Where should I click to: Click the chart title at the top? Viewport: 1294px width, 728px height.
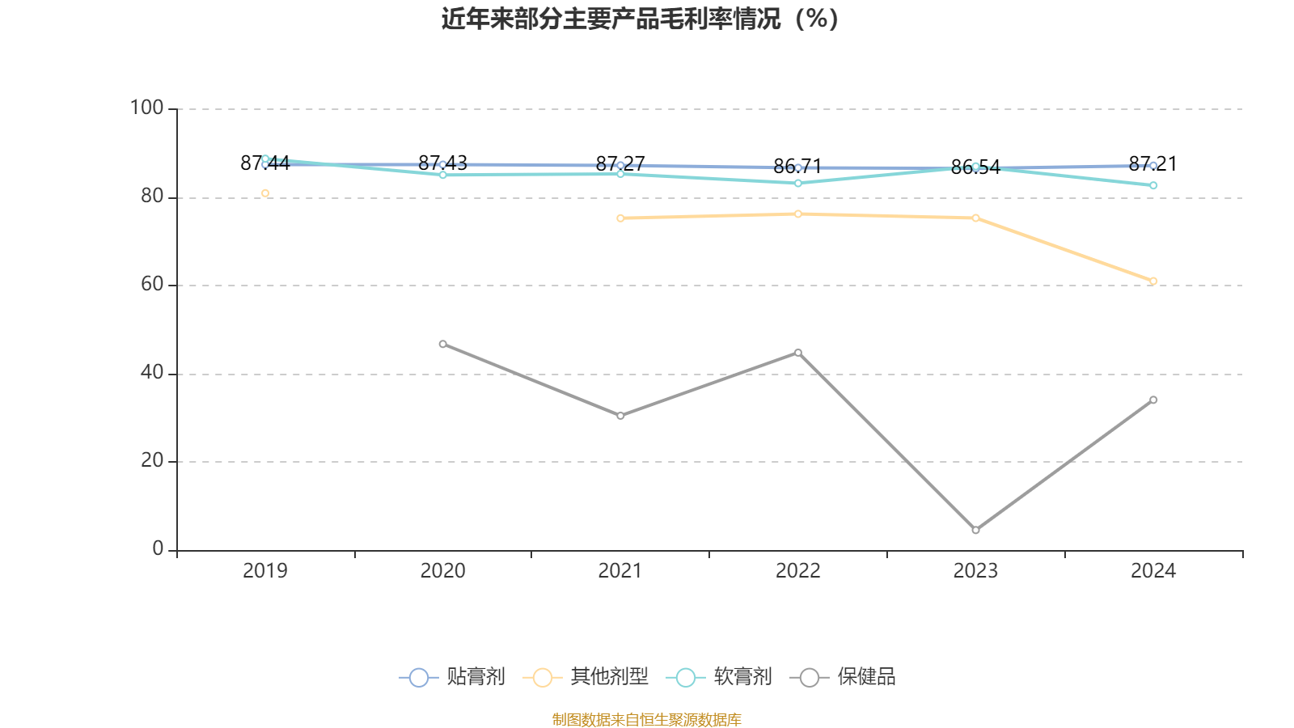[640, 19]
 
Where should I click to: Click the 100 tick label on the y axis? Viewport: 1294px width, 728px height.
[146, 108]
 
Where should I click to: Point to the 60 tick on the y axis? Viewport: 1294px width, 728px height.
[151, 284]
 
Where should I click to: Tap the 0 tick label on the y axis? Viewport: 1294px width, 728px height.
[158, 548]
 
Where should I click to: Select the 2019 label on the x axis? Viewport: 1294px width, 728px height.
[265, 571]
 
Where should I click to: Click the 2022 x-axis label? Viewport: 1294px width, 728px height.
[797, 571]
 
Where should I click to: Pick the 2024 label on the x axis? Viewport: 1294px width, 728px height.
[1152, 571]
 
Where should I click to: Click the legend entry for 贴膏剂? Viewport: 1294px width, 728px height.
[453, 677]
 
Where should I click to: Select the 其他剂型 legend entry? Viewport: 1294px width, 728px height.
[586, 677]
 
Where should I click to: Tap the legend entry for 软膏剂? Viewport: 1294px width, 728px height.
[720, 677]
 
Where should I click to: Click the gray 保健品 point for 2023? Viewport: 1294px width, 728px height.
[975, 531]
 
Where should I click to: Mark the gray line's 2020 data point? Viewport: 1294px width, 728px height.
[442, 345]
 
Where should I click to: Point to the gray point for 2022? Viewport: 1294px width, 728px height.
[798, 353]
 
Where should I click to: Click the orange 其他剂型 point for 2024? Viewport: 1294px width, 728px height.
[1153, 281]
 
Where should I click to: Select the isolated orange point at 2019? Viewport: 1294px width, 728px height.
[265, 193]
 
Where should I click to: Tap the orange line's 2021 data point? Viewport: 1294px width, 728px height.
[620, 218]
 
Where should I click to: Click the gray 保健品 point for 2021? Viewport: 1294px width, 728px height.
[620, 416]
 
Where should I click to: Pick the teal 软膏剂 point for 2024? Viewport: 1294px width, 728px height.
[1153, 186]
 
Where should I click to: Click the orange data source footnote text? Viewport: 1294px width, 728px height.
[646, 719]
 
